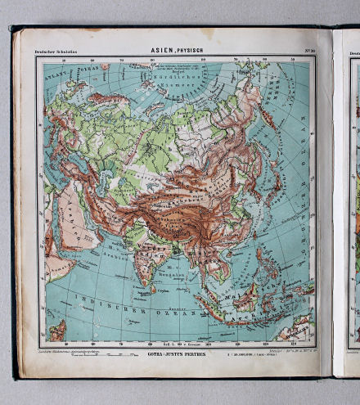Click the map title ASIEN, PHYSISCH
[177, 51]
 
